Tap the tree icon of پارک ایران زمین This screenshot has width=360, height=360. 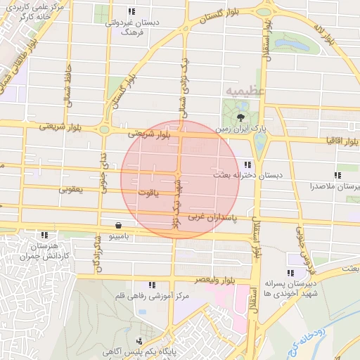point(242,117)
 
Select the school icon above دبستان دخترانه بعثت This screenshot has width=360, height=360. point(247,164)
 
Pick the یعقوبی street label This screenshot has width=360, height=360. point(72,189)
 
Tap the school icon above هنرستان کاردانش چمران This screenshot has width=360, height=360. point(46,235)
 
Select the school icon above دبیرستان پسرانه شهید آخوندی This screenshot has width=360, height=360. point(291,273)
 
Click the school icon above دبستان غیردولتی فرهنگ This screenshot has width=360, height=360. point(131,11)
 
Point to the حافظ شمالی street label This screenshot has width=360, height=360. point(69,83)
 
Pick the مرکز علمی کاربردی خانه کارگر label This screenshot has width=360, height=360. point(58,11)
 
